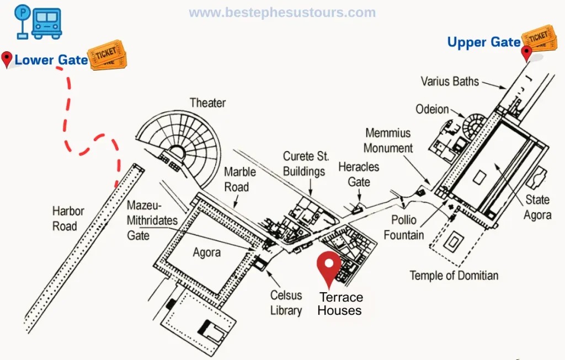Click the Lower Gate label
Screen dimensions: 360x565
[x=51, y=60]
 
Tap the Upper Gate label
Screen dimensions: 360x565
[x=484, y=42]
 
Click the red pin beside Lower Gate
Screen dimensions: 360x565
[x=7, y=59]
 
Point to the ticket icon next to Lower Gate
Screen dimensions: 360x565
[x=107, y=55]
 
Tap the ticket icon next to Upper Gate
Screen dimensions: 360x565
[x=539, y=37]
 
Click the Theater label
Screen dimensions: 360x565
[x=207, y=103]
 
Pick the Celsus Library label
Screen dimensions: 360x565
[x=286, y=303]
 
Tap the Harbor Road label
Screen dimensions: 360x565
[x=68, y=218]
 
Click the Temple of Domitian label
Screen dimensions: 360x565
[x=454, y=275]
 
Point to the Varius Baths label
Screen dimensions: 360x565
[x=450, y=82]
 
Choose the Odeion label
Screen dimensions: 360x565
[x=432, y=109]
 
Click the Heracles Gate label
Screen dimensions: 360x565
[x=359, y=174]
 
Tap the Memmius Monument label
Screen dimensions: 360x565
[x=388, y=141]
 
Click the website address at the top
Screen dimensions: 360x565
[x=282, y=13]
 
